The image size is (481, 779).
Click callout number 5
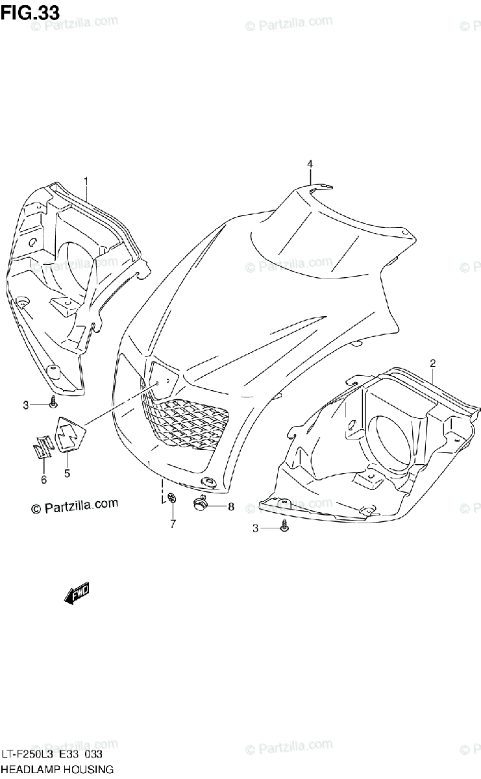click(68, 473)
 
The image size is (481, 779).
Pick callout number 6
click(44, 479)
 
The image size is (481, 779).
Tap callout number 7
click(173, 524)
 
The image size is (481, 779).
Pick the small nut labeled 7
click(173, 498)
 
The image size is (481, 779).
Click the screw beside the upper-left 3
click(52, 404)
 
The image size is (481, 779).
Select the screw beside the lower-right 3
click(284, 528)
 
